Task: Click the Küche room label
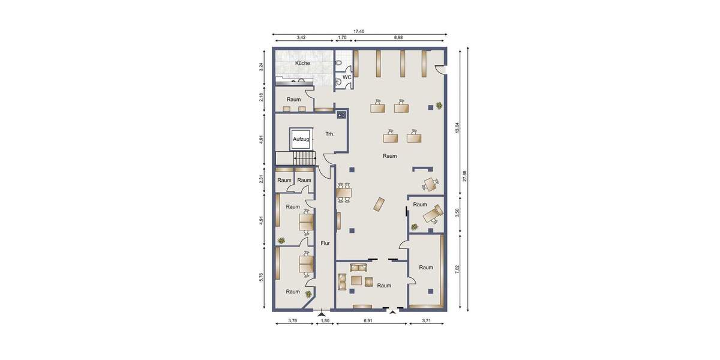coord(302,63)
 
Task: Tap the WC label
coord(347,77)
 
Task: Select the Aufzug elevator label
coord(300,139)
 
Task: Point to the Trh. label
coord(329,134)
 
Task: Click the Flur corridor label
coord(325,243)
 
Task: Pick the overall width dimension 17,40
coord(359,31)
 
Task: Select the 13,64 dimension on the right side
coord(457,128)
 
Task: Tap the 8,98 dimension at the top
coord(398,38)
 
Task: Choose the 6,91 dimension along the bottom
coord(372,321)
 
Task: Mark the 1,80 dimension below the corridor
coord(325,321)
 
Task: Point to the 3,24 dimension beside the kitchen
coord(261,67)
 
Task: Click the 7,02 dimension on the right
coord(457,269)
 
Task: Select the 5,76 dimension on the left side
coord(261,278)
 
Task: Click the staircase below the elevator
coord(304,158)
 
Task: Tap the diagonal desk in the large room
coord(380,204)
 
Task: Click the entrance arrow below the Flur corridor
coord(322,313)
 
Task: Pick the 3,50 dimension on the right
coord(457,213)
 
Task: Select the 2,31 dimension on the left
coord(261,179)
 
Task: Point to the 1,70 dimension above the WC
coord(343,38)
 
